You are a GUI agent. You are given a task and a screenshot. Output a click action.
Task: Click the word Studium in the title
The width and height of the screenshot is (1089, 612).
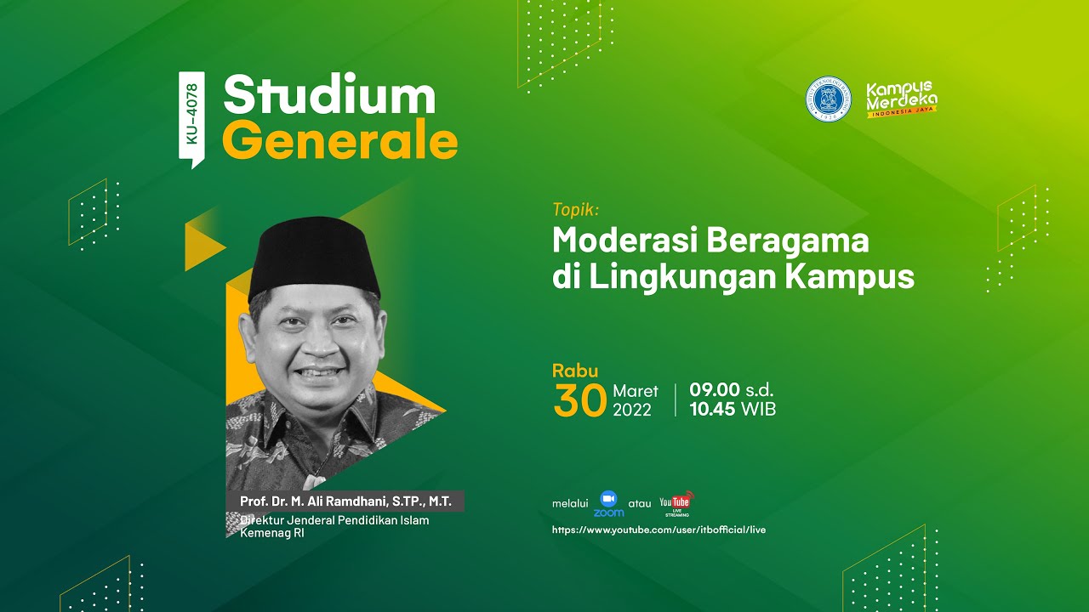329,95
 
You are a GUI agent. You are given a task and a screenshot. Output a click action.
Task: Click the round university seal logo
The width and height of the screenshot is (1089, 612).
828,99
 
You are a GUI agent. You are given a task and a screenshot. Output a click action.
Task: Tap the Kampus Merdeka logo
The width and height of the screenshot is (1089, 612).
901,99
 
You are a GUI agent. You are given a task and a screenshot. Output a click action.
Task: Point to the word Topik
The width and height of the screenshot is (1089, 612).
576,209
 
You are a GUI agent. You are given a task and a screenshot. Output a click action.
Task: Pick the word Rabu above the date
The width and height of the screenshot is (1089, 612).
575,371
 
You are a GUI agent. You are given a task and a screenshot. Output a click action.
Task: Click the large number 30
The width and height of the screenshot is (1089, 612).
579,401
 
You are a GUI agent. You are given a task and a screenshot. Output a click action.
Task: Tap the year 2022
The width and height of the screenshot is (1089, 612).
631,410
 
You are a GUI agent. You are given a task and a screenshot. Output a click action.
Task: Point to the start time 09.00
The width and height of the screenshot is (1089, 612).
715,390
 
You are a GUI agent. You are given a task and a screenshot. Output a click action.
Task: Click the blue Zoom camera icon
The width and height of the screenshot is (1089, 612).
608,498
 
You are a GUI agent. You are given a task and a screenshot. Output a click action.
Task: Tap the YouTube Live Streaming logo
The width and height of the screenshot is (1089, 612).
676,503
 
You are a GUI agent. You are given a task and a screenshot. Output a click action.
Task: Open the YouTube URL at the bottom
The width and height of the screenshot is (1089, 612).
659,530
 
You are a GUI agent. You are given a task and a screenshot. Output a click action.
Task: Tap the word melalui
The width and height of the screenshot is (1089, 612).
570,503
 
